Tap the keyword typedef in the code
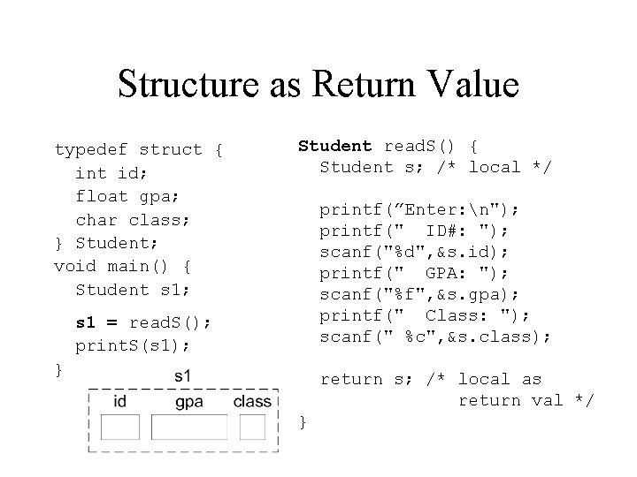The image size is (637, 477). point(91,150)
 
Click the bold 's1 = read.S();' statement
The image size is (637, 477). point(142,322)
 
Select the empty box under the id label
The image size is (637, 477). point(121,427)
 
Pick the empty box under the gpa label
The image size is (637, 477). point(189,427)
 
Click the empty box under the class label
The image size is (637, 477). point(252,427)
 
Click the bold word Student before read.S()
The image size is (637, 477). point(335,145)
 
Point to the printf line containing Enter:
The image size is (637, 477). point(420,209)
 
